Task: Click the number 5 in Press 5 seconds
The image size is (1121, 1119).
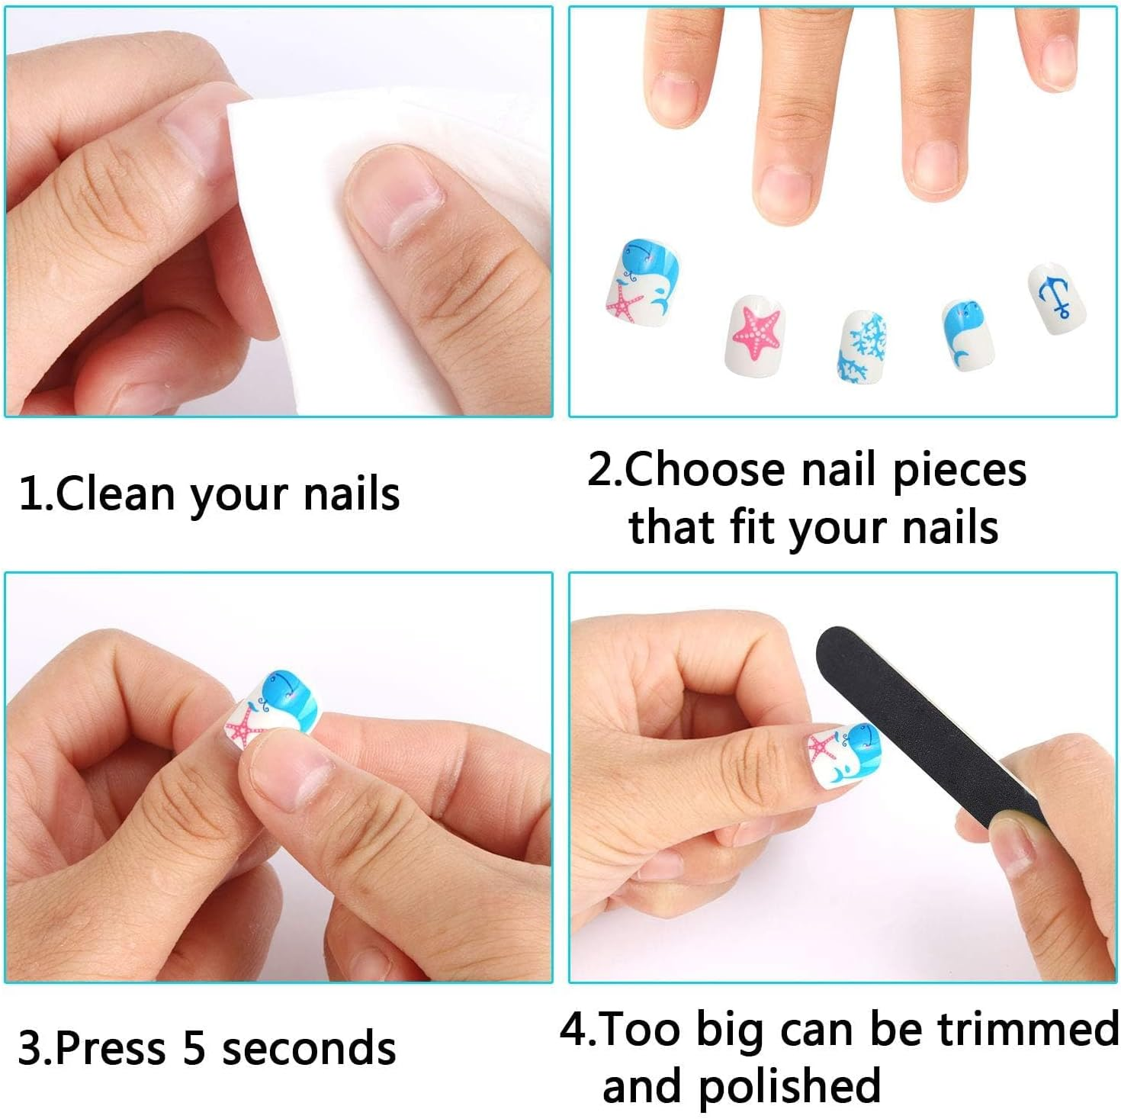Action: (194, 1048)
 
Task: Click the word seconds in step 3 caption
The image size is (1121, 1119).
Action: (309, 1048)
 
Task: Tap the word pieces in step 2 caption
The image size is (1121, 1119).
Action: (959, 471)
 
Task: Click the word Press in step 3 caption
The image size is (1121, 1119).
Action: (111, 1048)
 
